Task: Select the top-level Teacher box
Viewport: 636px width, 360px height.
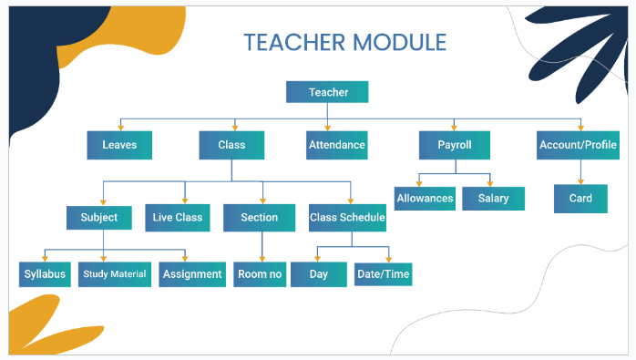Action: (327, 92)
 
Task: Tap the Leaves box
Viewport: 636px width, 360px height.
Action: (119, 145)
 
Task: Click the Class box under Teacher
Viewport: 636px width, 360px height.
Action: (231, 145)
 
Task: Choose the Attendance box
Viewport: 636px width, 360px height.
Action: (336, 145)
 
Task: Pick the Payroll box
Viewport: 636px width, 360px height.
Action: (454, 145)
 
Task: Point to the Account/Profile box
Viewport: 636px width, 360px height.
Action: (578, 145)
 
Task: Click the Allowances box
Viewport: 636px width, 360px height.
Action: (424, 198)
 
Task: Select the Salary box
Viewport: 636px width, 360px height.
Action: (493, 198)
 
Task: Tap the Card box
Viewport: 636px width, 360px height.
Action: (580, 198)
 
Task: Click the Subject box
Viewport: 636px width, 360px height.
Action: (99, 218)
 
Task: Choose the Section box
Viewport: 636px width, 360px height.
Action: (260, 218)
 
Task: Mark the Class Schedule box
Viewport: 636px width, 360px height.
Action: (347, 218)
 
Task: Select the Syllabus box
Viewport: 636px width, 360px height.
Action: (45, 274)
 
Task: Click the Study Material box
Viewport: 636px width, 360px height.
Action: (115, 274)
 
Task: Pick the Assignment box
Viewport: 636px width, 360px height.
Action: (192, 274)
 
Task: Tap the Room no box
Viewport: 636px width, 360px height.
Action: (259, 274)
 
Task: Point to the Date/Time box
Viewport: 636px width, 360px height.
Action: (385, 274)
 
